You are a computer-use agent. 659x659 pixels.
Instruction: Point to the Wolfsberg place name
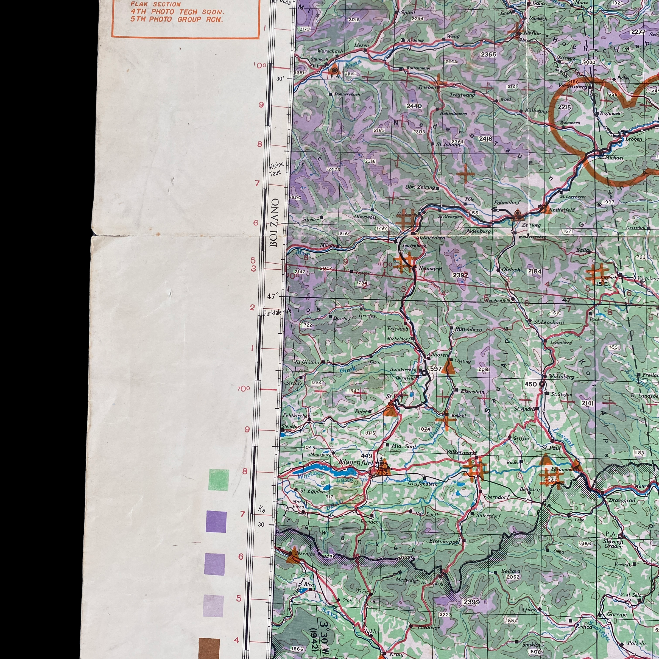coord(562,377)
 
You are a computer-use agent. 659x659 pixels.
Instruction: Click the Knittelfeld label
coord(562,210)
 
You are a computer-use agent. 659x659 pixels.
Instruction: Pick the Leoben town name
coord(633,139)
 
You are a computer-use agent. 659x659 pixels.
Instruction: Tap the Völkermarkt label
coord(461,452)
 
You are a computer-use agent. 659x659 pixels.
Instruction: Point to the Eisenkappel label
coord(445,541)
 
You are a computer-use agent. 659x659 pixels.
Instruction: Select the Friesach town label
coord(397,329)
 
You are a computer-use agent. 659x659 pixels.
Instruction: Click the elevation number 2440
coord(414,106)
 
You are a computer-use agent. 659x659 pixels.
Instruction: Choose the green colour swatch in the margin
coord(219,479)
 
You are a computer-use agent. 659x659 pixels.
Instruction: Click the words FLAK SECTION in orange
coord(155,4)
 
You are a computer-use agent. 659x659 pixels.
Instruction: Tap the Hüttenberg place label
coord(468,329)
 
